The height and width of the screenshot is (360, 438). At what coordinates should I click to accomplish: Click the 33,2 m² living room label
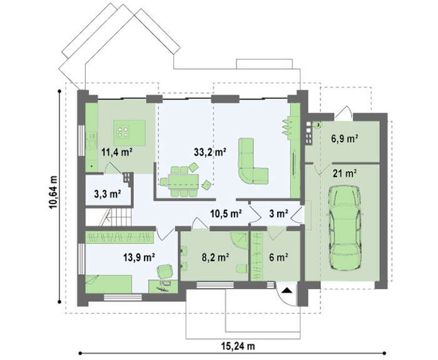click(210, 152)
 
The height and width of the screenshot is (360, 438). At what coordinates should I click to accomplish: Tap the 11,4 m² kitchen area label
click(116, 153)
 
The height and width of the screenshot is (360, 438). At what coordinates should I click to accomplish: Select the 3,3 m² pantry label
click(108, 194)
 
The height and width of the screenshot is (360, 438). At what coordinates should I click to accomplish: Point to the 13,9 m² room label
click(139, 257)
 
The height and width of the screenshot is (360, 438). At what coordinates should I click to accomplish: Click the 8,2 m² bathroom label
click(216, 257)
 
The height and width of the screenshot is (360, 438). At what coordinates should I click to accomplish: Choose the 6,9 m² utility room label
click(345, 138)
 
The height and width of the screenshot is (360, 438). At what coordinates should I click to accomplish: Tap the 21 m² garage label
click(345, 173)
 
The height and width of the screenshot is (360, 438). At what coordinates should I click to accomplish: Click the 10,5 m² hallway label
click(226, 214)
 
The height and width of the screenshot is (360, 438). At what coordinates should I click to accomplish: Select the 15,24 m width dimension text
click(238, 346)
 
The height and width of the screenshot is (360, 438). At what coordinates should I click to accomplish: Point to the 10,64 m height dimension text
click(53, 192)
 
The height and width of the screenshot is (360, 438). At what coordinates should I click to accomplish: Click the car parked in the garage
click(345, 228)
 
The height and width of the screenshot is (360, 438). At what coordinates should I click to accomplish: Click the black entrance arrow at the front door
click(287, 291)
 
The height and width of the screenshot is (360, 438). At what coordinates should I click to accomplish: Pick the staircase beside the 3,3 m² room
click(117, 217)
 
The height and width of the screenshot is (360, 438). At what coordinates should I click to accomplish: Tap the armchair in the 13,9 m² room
click(165, 272)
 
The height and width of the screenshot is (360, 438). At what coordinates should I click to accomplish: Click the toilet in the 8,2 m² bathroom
click(242, 269)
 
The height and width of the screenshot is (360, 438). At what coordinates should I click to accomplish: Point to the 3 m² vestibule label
click(278, 214)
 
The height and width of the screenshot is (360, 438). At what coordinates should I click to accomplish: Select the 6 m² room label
click(278, 257)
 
